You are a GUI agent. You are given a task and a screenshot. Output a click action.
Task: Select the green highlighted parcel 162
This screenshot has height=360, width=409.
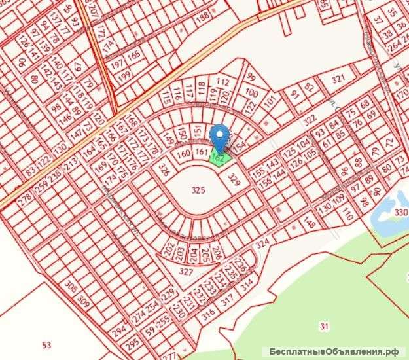click(x=219, y=156)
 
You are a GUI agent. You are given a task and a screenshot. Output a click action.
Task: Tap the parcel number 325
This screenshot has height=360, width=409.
click(x=198, y=190)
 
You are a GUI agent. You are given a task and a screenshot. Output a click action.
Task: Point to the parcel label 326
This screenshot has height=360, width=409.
click(x=164, y=171)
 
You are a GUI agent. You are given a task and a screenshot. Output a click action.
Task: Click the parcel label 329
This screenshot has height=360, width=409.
click(x=230, y=177)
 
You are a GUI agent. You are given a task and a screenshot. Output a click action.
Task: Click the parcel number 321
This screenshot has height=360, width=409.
click(x=338, y=79)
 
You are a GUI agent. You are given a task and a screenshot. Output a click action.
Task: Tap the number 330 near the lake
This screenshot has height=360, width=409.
click(x=400, y=211)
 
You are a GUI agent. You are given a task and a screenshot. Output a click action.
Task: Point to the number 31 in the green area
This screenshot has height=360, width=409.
click(x=325, y=326)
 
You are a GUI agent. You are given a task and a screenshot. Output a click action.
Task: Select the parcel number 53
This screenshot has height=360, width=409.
click(x=45, y=344)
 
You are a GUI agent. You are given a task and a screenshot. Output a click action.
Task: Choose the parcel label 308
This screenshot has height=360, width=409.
click(x=71, y=286)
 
